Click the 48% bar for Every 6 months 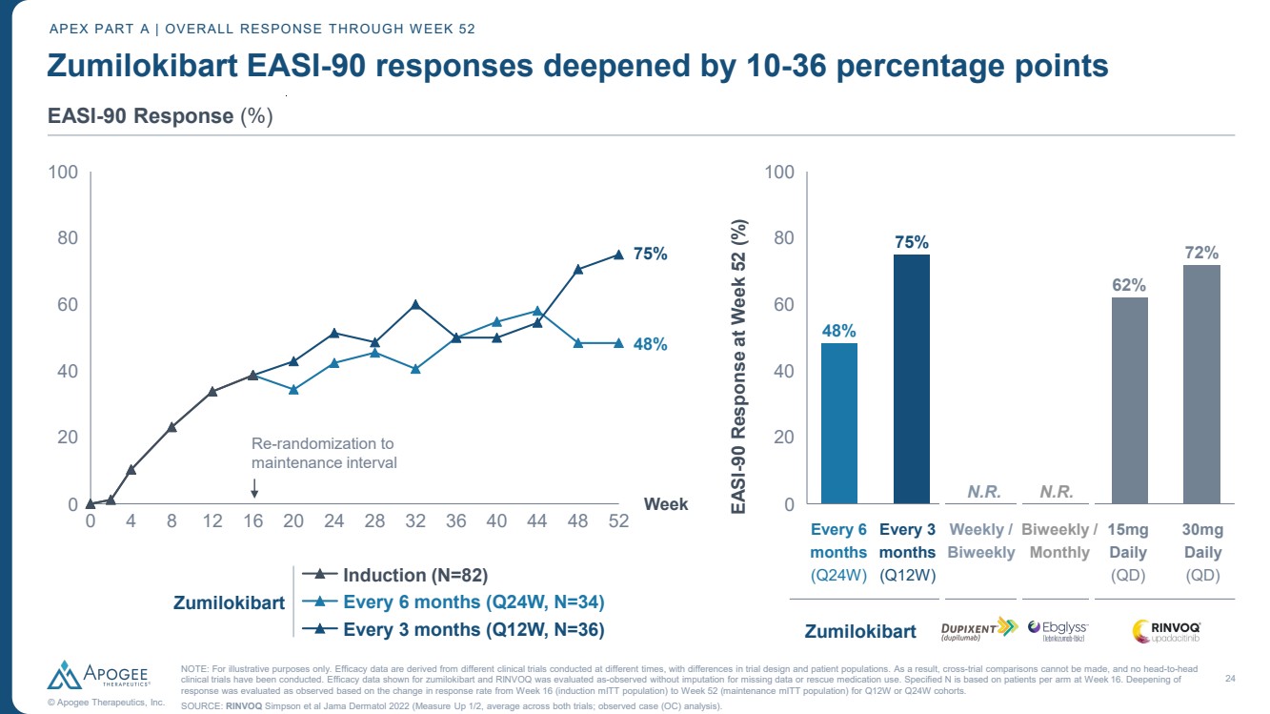click(839, 423)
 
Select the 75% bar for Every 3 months click(911, 378)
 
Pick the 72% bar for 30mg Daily click(1201, 384)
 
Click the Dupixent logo click(981, 630)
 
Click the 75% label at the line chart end click(650, 255)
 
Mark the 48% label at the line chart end click(650, 344)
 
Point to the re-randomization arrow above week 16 click(254, 487)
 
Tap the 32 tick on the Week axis click(415, 522)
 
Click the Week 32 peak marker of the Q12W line click(415, 305)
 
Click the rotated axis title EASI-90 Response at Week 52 click(739, 367)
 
